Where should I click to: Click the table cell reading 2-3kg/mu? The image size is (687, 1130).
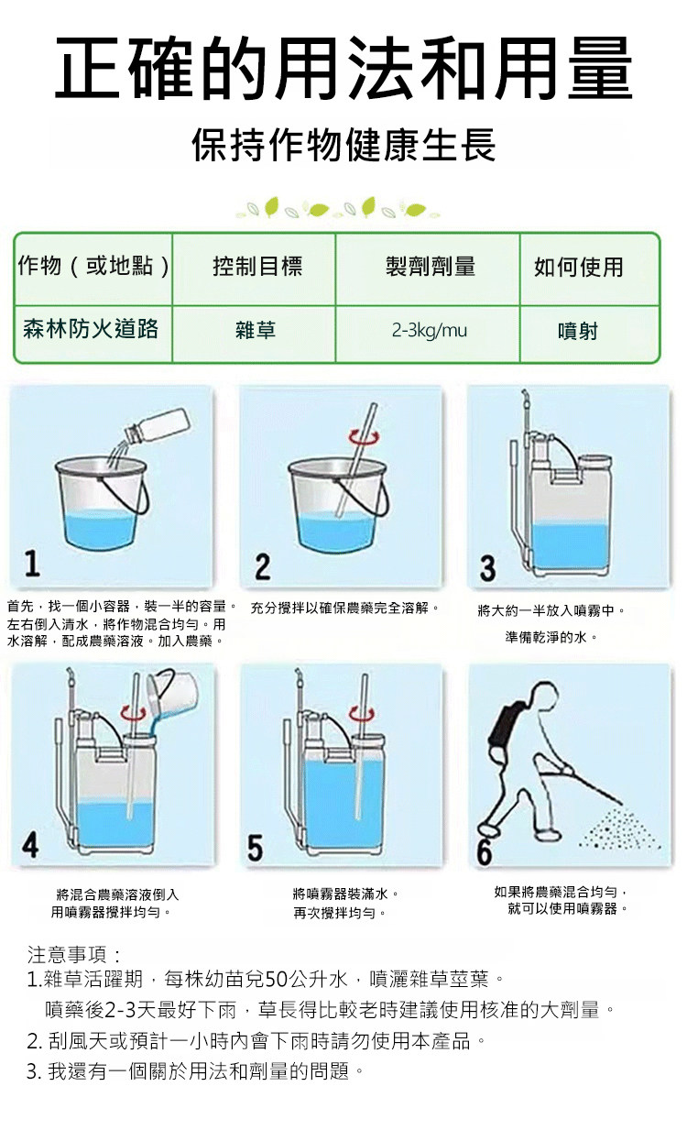pos(429,331)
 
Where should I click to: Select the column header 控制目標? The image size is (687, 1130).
pos(257,266)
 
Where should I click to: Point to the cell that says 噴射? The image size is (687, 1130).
pos(577,332)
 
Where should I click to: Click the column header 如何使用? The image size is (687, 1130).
pos(578,267)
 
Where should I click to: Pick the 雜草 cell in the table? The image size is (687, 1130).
pos(256,331)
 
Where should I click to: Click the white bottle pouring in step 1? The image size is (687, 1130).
pos(158,426)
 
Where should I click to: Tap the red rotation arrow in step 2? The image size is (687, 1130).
pos(364,437)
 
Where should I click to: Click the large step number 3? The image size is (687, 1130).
pos(487,568)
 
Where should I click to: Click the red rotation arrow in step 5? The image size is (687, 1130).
pos(362,713)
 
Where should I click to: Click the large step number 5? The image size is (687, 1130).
pos(255,848)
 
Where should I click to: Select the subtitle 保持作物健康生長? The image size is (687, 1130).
pos(343,145)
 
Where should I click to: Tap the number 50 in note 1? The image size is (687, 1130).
pos(275,979)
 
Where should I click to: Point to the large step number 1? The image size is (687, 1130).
pos(32,564)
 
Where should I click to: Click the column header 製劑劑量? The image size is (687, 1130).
pos(430,266)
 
